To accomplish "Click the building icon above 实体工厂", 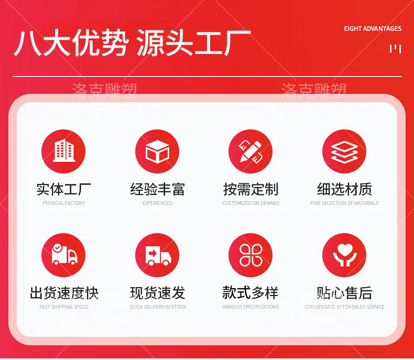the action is click(63, 151).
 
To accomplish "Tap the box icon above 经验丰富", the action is click(157, 151).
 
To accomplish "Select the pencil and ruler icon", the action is click(250, 151).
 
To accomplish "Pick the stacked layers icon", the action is click(344, 151).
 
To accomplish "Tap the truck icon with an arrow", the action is click(157, 255).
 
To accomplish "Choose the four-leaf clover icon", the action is click(250, 255).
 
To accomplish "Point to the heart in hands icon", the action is click(344, 255).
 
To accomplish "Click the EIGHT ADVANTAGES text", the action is click(373, 28).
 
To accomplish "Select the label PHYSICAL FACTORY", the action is click(64, 203).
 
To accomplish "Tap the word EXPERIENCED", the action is click(158, 203).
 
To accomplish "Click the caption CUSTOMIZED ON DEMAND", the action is click(251, 203).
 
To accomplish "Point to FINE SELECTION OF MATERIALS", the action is click(344, 203).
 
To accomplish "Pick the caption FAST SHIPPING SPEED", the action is click(63, 307).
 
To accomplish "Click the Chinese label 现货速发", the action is click(157, 293).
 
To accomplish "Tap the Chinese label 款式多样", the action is click(250, 293).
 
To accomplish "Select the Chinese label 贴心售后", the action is click(344, 293).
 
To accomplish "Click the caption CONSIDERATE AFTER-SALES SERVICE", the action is click(344, 307).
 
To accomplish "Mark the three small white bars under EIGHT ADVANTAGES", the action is click(396, 49).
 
